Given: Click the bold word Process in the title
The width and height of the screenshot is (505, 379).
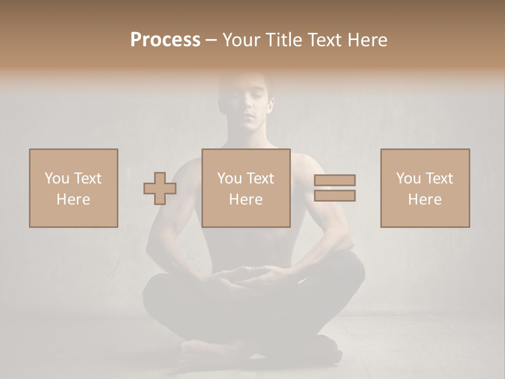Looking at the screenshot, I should pos(165,40).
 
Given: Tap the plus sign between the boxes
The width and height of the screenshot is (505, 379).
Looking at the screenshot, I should pos(160,188).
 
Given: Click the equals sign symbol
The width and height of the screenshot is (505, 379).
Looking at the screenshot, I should pos(335,188).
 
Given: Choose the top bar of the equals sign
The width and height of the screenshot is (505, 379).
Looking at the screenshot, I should pos(335,180).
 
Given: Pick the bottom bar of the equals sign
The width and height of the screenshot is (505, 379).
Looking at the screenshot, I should pos(335,196).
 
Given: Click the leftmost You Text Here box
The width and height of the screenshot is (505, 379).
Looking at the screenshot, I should pos(74,188).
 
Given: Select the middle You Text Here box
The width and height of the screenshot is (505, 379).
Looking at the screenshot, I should pos(246,188).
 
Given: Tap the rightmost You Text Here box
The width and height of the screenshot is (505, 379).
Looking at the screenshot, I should pos(425,188).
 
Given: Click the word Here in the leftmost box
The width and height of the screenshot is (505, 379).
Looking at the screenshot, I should pos(73,200).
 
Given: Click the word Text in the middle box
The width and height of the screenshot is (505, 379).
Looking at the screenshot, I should pos(259,178).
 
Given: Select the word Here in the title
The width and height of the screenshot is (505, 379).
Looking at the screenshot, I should pos(368,40).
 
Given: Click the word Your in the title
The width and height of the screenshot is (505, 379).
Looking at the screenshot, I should pos(241,40).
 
